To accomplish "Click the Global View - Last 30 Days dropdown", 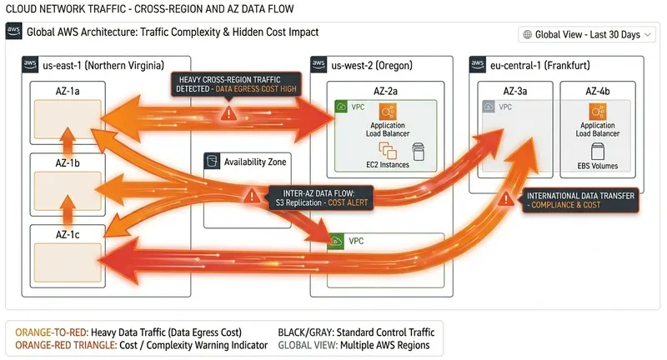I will (x=587, y=34).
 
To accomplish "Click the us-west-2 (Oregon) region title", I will (x=372, y=65).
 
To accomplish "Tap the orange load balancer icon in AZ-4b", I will (x=597, y=112).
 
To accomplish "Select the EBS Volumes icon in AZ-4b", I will (x=597, y=151).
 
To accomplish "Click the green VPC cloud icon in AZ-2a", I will (x=340, y=107).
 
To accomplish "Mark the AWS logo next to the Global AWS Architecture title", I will (x=13, y=32).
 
